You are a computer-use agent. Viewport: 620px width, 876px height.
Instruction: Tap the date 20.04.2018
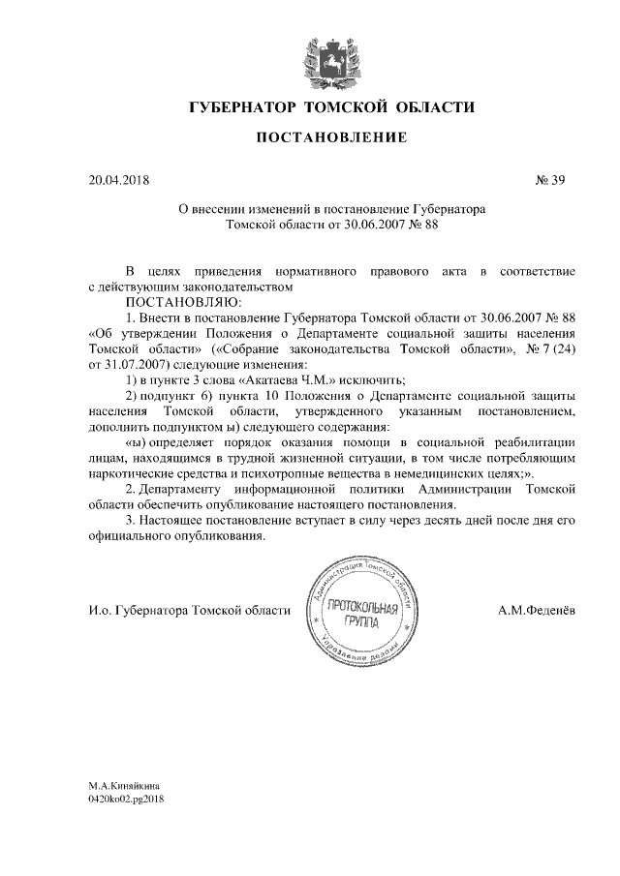pos(119,179)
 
